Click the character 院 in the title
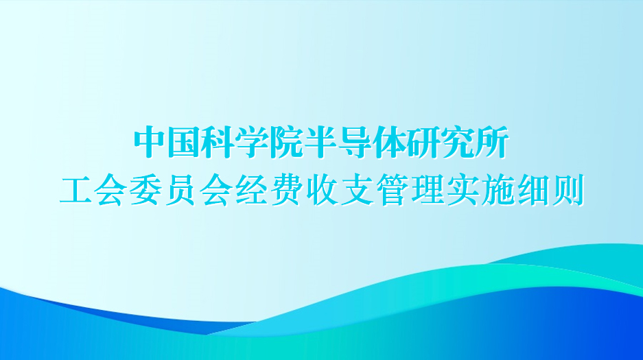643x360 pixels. click(x=286, y=142)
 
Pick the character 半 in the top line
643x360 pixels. click(x=320, y=142)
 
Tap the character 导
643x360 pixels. click(x=355, y=142)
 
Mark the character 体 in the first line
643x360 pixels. click(x=389, y=142)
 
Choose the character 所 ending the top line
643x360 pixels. click(x=492, y=142)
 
